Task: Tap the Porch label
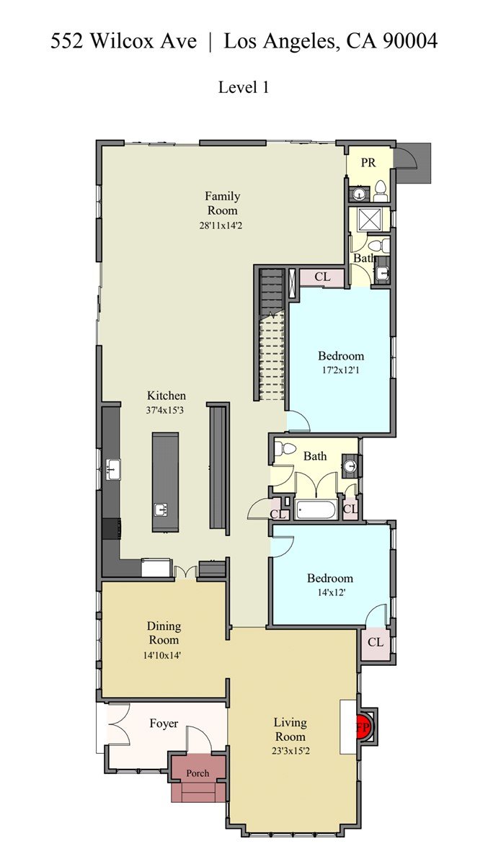click(x=198, y=773)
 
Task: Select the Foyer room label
click(x=164, y=724)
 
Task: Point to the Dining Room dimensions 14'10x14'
click(x=164, y=656)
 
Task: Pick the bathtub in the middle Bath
click(x=316, y=510)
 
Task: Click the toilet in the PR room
click(x=380, y=192)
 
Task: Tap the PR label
click(x=369, y=162)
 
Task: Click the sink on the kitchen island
click(x=160, y=510)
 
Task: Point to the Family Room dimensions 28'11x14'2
click(x=221, y=225)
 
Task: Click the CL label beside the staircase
click(x=322, y=277)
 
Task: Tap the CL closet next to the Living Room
click(x=376, y=643)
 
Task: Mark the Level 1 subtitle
click(x=244, y=87)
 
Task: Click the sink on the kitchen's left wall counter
click(x=113, y=469)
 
